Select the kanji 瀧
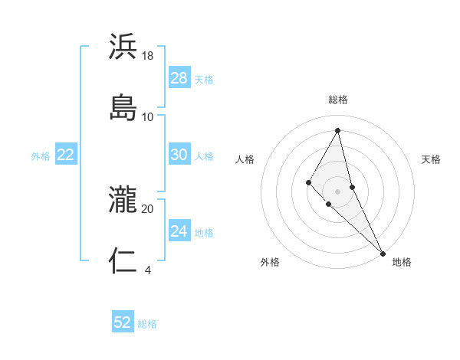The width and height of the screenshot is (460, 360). (123, 201)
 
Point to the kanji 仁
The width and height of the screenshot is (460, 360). (123, 260)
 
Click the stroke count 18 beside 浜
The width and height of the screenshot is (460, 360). (148, 56)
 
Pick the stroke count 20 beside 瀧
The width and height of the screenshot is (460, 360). (148, 208)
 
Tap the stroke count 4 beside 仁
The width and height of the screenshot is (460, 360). (148, 269)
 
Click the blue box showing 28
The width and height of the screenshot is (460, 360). (179, 78)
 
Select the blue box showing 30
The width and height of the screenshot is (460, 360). (179, 155)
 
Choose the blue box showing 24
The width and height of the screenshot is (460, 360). (179, 231)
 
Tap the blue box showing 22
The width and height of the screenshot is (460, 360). (65, 155)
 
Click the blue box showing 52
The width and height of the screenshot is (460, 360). (123, 322)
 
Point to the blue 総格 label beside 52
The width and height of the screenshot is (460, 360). (147, 324)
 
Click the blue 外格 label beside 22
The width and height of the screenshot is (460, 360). (41, 156)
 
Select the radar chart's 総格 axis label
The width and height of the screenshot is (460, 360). (338, 100)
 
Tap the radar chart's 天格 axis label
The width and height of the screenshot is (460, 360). (432, 159)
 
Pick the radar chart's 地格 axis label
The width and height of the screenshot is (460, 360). (402, 262)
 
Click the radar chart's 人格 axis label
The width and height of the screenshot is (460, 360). (245, 159)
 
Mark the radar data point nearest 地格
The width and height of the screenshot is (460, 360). (383, 252)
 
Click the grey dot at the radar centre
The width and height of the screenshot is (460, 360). (338, 191)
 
